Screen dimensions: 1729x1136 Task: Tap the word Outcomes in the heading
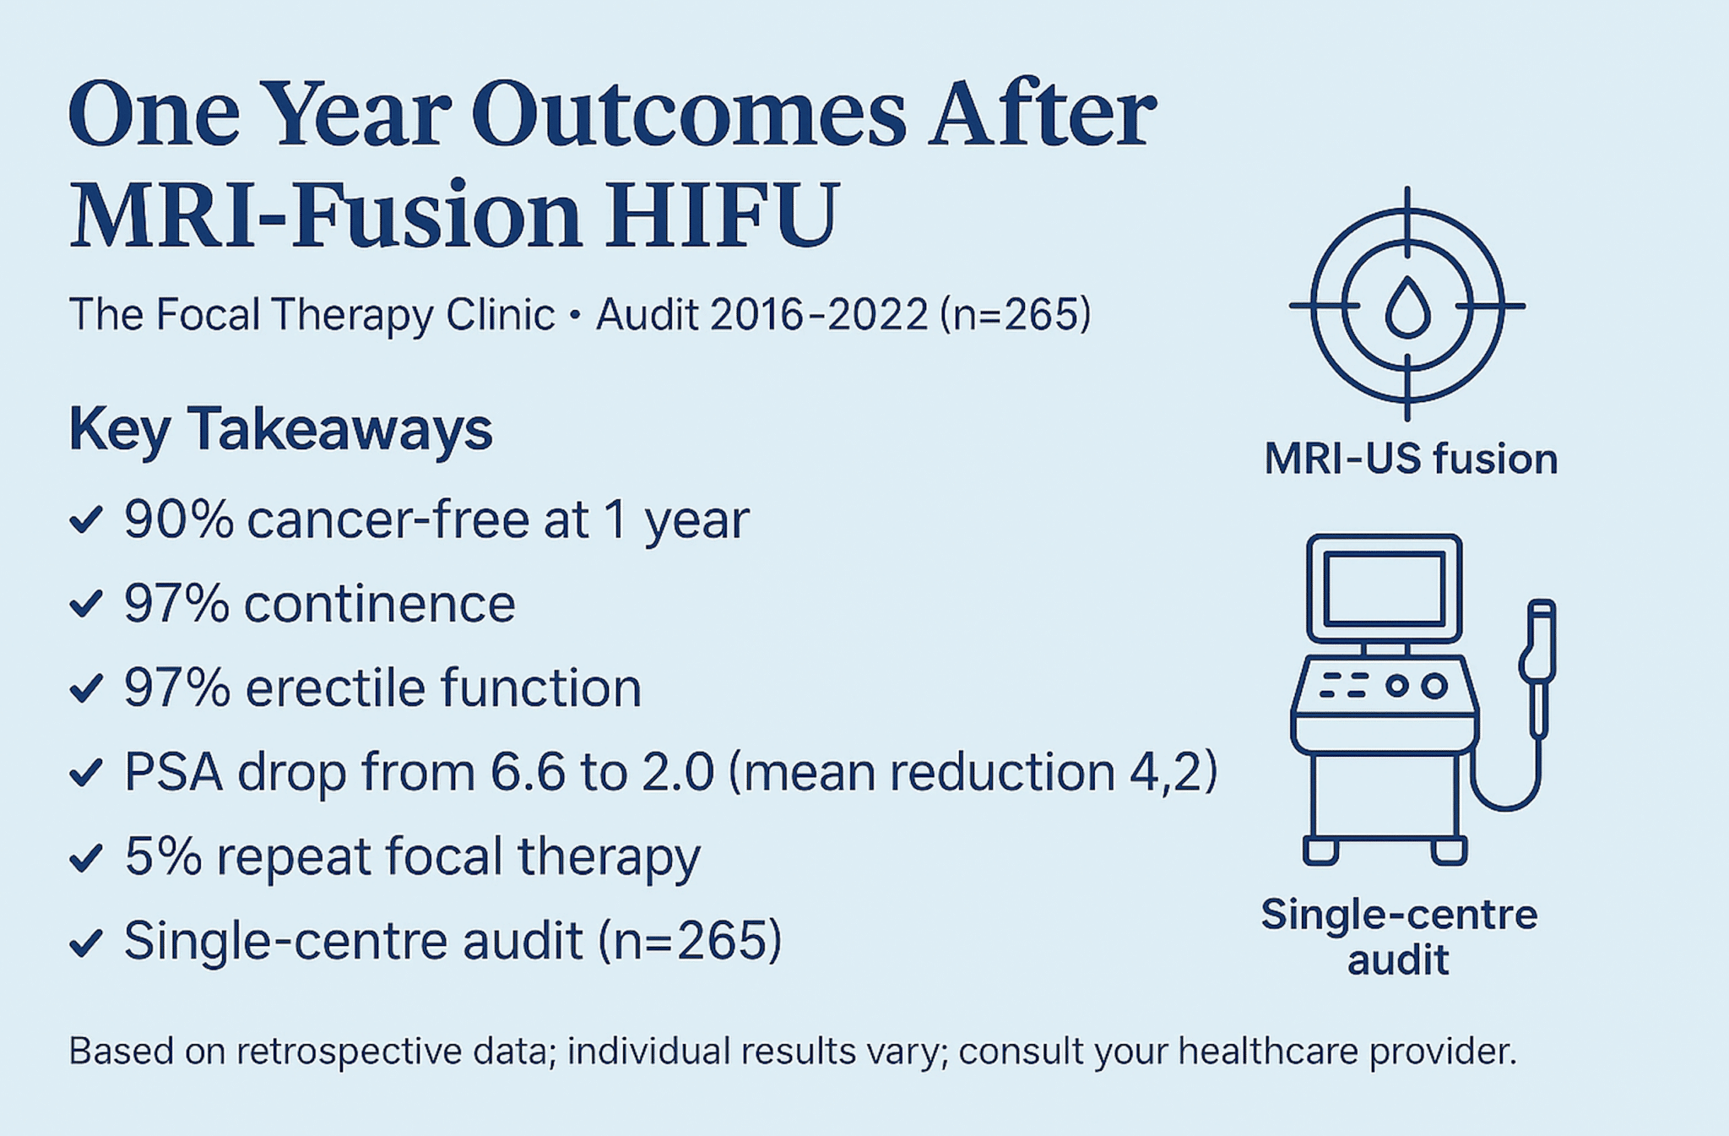689,114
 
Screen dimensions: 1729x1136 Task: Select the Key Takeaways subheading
280,431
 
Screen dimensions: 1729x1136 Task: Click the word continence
380,603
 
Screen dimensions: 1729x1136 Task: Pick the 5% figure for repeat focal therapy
164,856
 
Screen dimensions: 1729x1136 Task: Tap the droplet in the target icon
1407,307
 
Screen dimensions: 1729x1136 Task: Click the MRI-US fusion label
1411,459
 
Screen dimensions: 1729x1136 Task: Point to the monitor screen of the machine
1384,589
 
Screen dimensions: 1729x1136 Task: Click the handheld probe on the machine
1538,667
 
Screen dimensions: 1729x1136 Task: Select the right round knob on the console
1434,685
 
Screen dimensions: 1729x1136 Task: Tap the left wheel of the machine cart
1320,850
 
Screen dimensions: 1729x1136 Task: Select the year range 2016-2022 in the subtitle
820,314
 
